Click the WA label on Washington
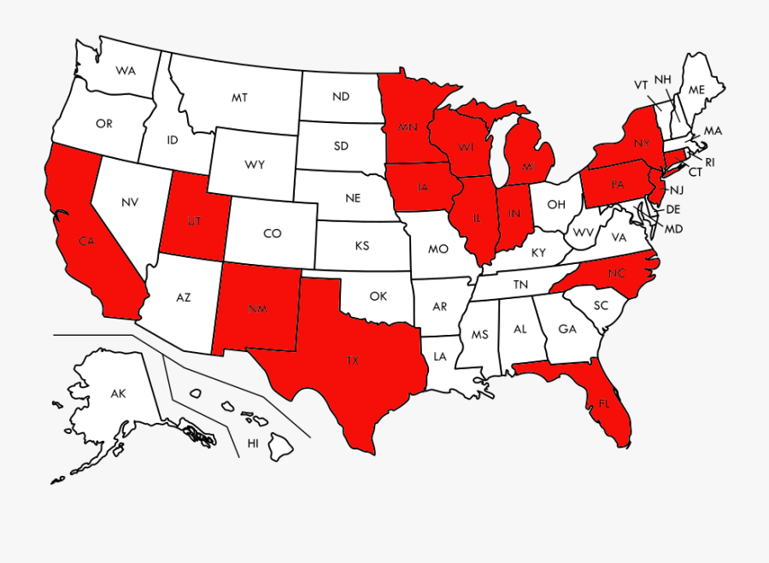(x=126, y=69)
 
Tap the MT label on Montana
(x=239, y=98)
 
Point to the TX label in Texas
(x=352, y=361)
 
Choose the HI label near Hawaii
(x=253, y=443)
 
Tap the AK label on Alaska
(x=118, y=394)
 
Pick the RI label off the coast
(x=709, y=161)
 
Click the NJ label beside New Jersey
(x=676, y=190)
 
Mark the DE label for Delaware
(x=673, y=209)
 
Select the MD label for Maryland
(x=673, y=229)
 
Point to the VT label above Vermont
(x=641, y=85)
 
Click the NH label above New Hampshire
(x=662, y=79)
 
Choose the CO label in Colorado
(x=272, y=233)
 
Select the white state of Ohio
(x=556, y=203)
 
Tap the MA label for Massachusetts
(x=713, y=131)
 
